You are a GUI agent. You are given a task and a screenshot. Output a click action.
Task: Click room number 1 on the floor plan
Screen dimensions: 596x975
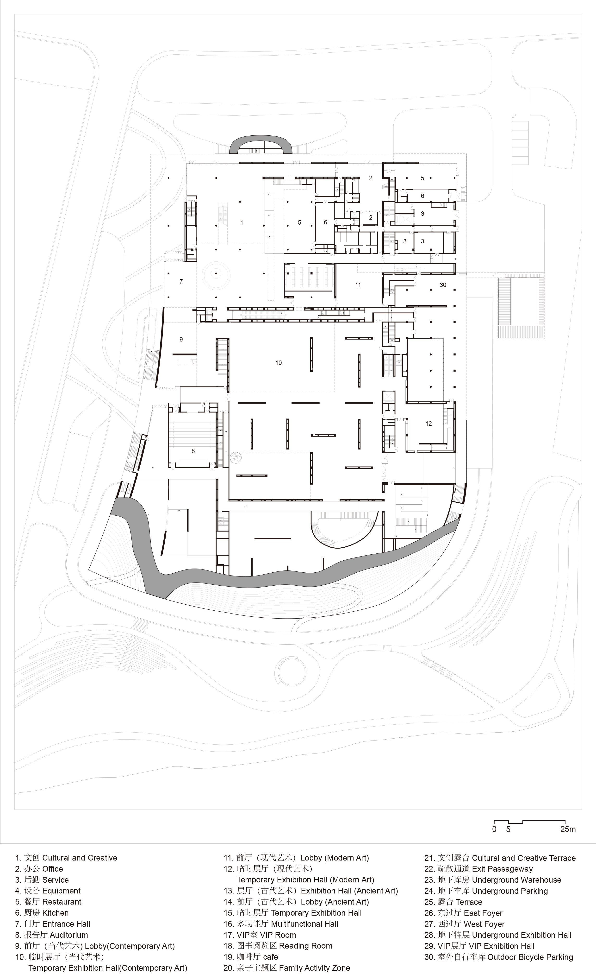(x=242, y=223)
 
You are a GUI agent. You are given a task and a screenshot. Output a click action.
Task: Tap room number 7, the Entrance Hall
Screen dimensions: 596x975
(x=181, y=281)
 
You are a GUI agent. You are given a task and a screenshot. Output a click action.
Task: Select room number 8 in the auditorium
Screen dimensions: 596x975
(x=193, y=451)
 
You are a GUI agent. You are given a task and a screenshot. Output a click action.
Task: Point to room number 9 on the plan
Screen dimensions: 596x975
(x=181, y=339)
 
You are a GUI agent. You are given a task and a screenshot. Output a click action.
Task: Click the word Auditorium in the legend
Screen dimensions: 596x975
(x=69, y=935)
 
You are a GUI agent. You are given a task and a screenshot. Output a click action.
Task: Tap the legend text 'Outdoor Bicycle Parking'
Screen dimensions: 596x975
(x=530, y=957)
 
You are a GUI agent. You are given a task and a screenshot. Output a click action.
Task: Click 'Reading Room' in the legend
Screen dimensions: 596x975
(x=306, y=946)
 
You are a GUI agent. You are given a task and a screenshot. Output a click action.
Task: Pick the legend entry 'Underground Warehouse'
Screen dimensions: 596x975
(x=516, y=880)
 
